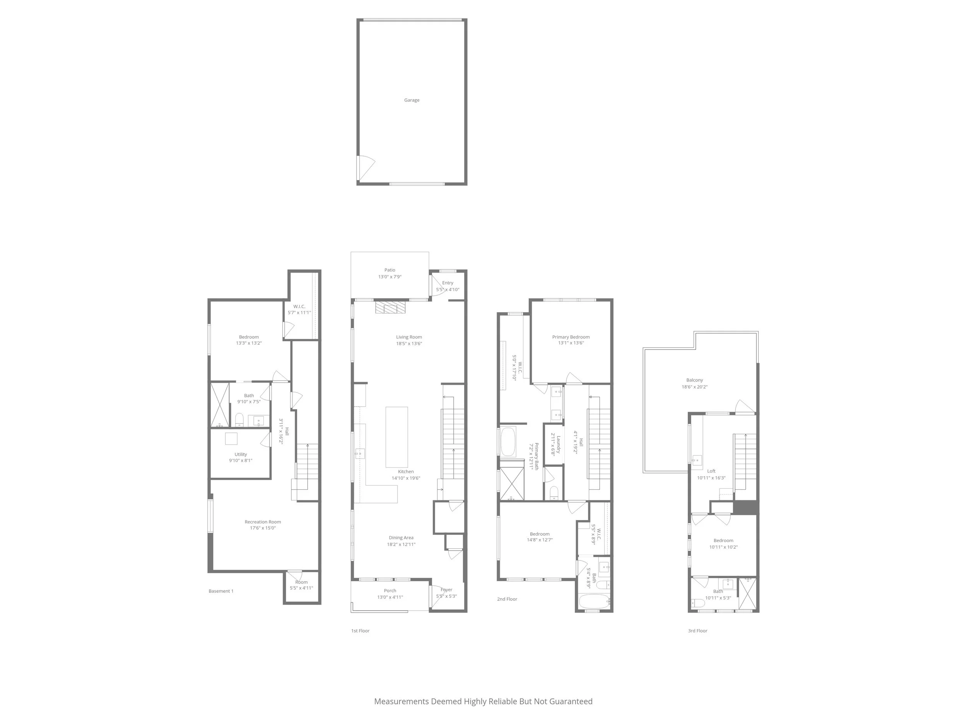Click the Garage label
coord(412,100)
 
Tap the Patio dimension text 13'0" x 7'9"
coord(390,277)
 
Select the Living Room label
coord(409,337)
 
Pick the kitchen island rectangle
coord(396,437)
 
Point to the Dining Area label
coord(401,538)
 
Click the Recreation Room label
coord(263,522)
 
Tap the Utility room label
coord(241,454)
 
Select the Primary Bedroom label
coord(571,337)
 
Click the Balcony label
coord(695,380)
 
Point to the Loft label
coord(711,471)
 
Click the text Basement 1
coord(221,591)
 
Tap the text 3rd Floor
coord(697,631)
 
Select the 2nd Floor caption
coord(507,599)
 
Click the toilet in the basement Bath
coord(239,420)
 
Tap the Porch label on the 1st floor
coord(390,591)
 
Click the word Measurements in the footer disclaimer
coord(401,702)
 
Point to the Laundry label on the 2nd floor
coord(558,444)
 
